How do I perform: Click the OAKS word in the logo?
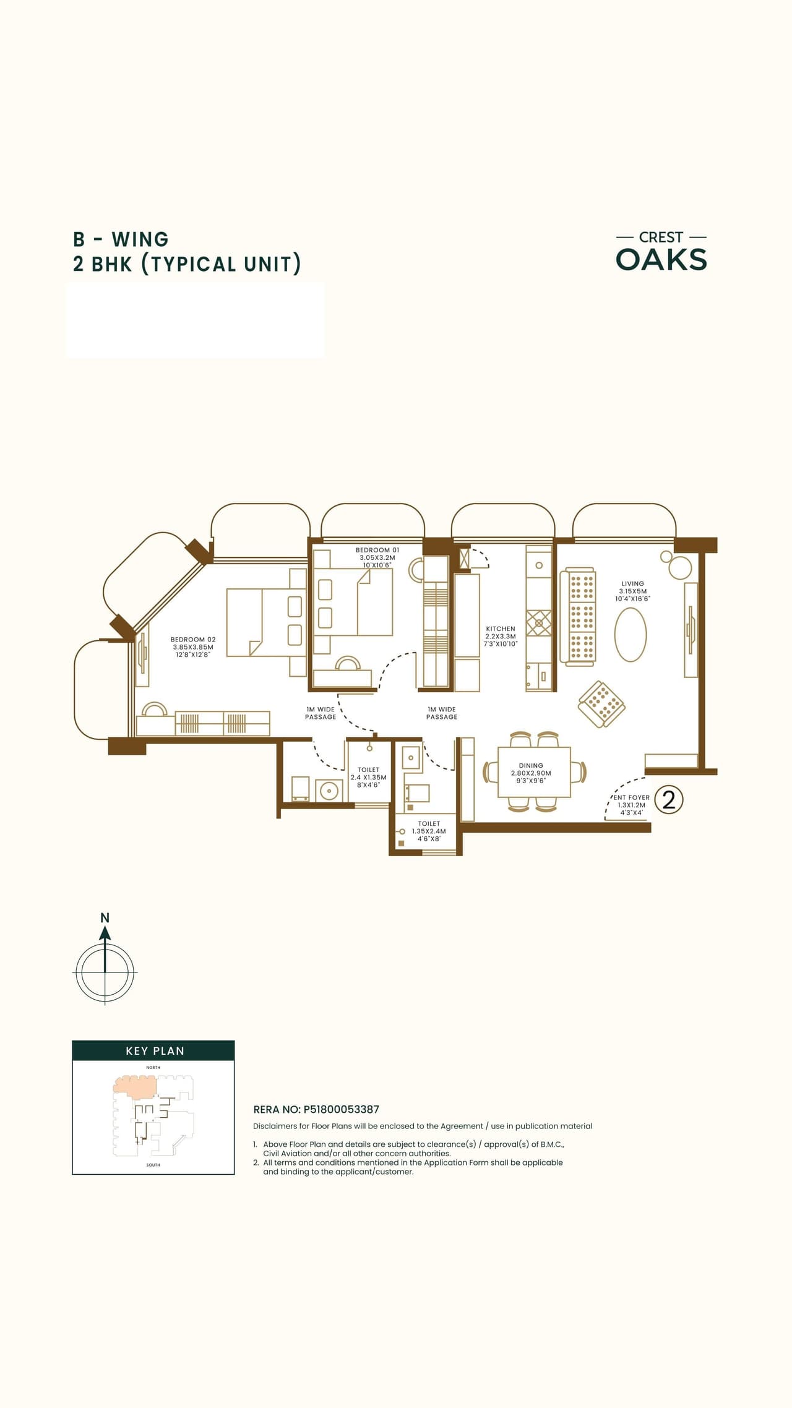point(661,260)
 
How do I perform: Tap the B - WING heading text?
point(121,239)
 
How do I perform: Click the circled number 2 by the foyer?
point(668,800)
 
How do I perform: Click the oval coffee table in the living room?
point(630,635)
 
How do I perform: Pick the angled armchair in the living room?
point(601,704)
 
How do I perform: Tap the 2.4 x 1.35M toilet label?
point(368,778)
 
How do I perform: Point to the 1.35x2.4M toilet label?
point(429,831)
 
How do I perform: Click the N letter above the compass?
point(105,918)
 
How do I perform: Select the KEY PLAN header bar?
point(153,1051)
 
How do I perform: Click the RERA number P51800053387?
point(341,1110)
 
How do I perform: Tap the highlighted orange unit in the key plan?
point(134,1086)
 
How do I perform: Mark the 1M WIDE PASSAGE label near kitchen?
point(441,713)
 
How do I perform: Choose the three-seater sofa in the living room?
point(578,617)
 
